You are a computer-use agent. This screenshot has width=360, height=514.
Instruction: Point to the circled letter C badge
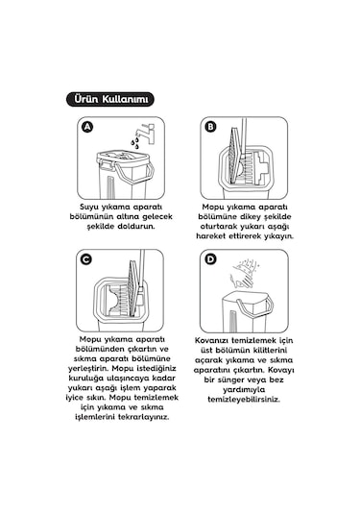86,259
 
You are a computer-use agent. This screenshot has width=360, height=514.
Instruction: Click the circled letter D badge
211,259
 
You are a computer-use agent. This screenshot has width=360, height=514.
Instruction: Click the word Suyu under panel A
93,207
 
